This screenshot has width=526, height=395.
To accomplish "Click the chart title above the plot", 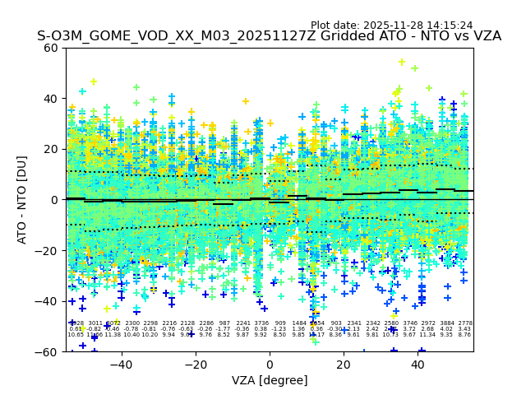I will point(269,37).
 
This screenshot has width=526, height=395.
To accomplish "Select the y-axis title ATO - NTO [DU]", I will point(23,199).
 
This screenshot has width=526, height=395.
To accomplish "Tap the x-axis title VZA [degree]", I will point(270,380).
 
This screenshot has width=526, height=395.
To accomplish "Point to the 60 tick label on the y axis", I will point(51,48).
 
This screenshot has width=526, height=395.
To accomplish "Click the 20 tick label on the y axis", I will point(51,149).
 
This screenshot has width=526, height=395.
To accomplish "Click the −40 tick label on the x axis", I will point(121,364).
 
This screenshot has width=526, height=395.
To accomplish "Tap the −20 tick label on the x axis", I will point(195,364).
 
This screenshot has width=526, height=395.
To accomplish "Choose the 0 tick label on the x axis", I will point(270,364).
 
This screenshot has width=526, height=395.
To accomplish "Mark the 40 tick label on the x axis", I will point(418,364).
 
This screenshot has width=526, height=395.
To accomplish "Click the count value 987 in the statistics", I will point(224,323).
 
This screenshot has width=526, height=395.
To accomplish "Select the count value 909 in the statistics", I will point(280,323).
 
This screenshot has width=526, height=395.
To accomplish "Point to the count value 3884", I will point(447,323).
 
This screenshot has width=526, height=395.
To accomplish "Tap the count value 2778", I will point(465,323).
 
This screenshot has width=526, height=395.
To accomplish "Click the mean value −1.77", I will point(224,329).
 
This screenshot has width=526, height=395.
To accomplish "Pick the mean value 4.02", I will point(447,329).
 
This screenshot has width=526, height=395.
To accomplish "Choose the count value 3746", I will point(410,323).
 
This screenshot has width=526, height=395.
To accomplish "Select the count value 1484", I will point(298,323).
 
